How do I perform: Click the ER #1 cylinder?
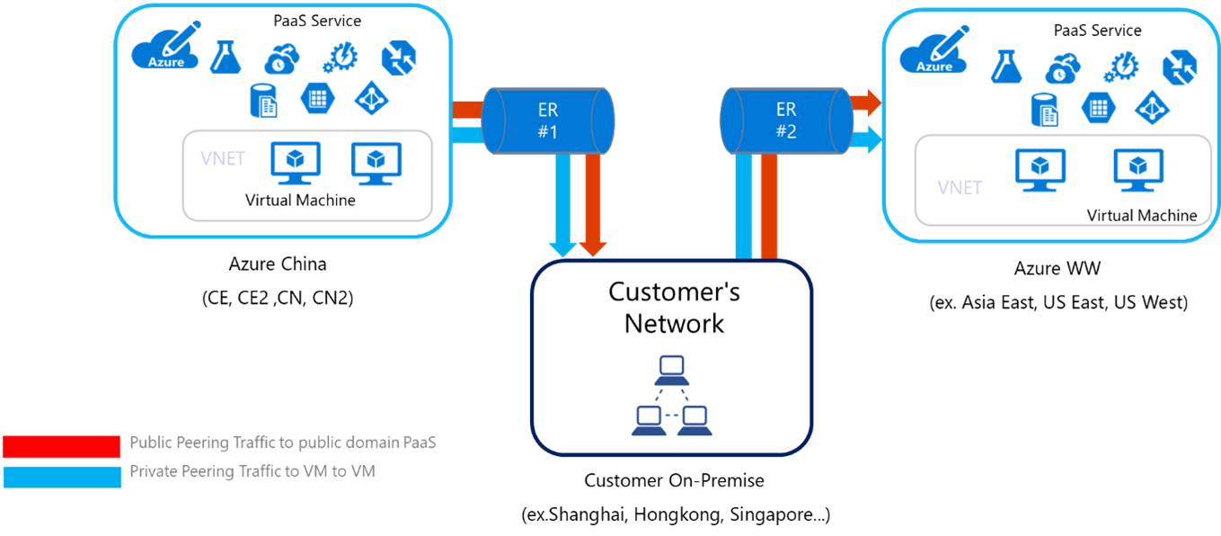click(x=548, y=121)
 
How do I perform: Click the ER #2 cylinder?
click(x=786, y=121)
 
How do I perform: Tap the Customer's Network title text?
click(x=674, y=308)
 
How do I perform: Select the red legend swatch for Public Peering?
click(x=61, y=446)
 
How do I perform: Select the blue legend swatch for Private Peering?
click(x=61, y=477)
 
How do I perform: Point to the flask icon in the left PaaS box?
click(x=226, y=58)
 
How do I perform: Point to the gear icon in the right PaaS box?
click(x=1121, y=67)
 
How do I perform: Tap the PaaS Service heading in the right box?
click(x=1097, y=31)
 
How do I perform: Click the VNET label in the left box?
click(x=223, y=158)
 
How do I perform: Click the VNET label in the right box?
click(x=960, y=188)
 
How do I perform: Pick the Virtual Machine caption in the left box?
click(x=300, y=200)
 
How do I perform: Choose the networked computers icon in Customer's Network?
click(x=671, y=397)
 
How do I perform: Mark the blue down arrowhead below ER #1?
click(x=563, y=248)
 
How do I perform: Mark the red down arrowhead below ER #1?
click(x=593, y=248)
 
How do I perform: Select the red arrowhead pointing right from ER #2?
click(x=870, y=102)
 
